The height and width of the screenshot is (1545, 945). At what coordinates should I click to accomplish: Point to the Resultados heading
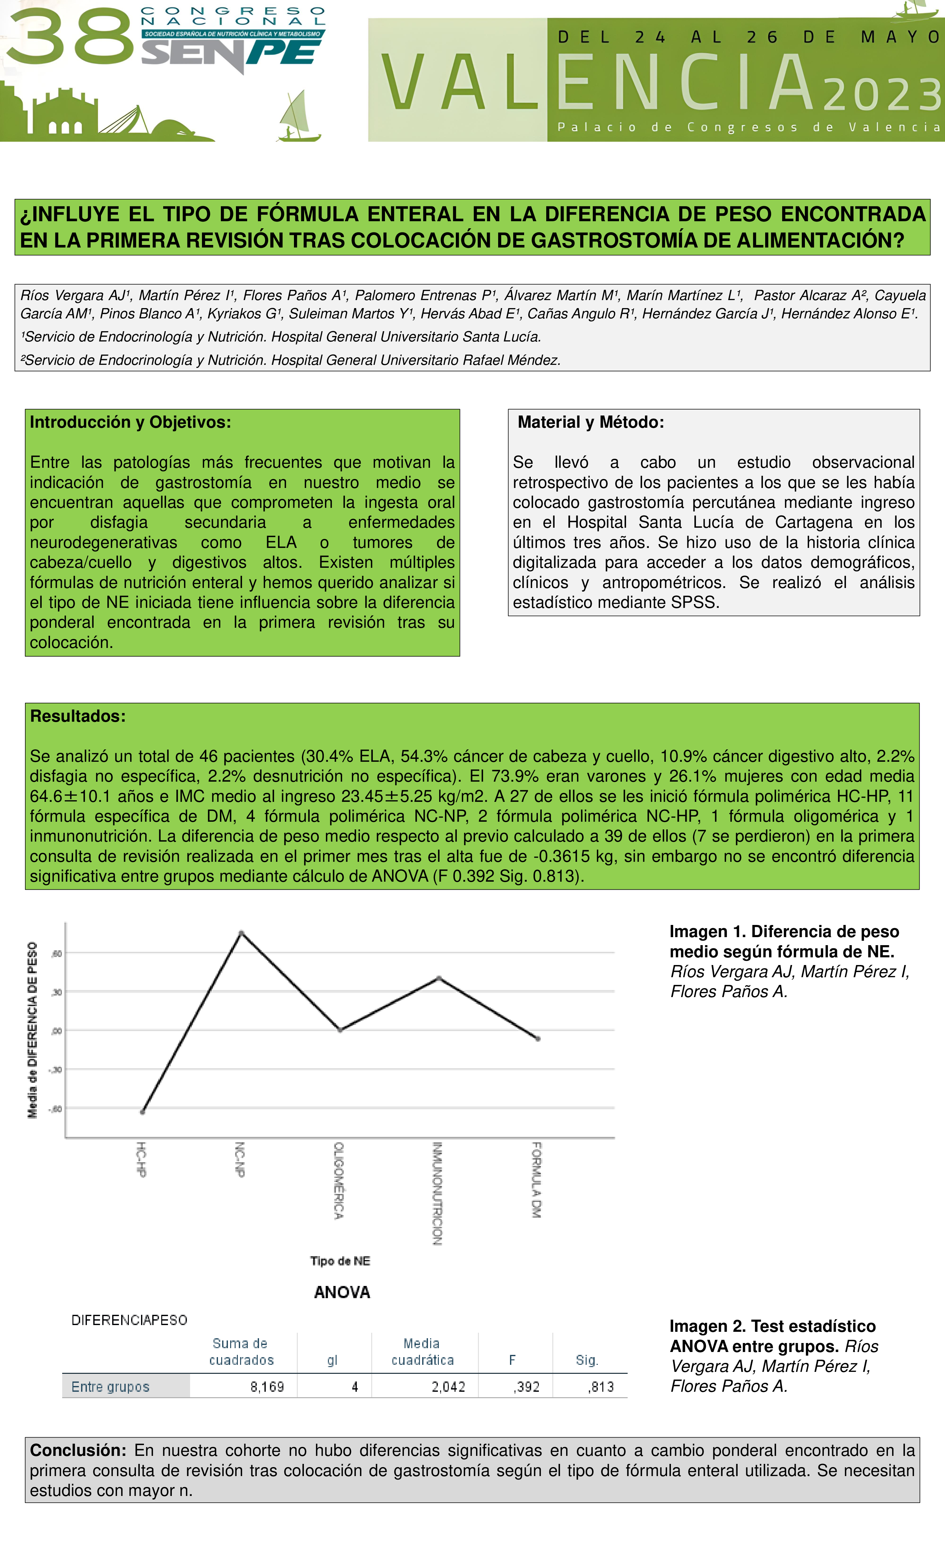pos(78,716)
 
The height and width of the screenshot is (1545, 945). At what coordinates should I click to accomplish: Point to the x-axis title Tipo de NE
pos(340,1261)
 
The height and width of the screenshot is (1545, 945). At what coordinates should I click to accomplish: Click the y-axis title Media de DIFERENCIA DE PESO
pos(33,1029)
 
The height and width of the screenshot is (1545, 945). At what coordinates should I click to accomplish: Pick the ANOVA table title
pos(342,1292)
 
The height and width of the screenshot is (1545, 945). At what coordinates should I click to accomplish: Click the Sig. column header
pos(587,1360)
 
